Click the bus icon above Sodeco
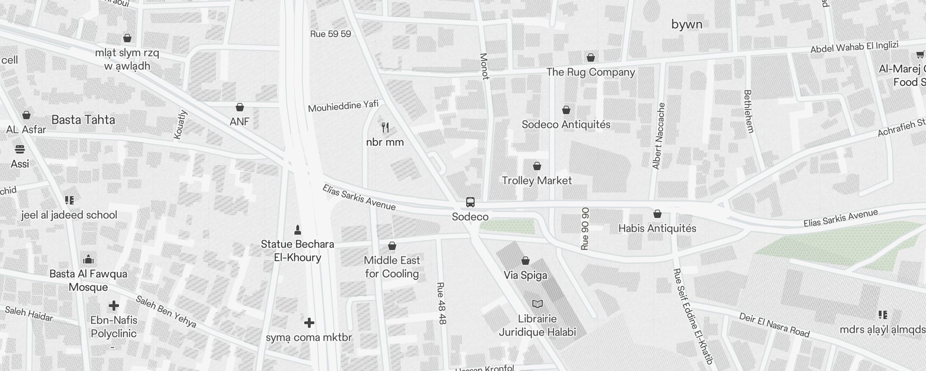[x=470, y=202]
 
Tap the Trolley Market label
[x=537, y=180]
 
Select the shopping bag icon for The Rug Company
[x=590, y=58]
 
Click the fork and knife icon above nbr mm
[x=385, y=127]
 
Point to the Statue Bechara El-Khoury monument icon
[x=298, y=230]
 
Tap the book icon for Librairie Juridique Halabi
[x=537, y=304]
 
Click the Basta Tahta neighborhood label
[x=83, y=120]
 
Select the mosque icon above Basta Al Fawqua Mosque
[x=88, y=259]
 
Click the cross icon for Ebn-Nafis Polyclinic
[x=113, y=306]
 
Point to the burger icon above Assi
[x=19, y=149]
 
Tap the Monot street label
[x=484, y=66]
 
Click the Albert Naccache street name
[x=658, y=136]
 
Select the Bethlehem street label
[x=749, y=111]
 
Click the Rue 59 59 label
[x=331, y=34]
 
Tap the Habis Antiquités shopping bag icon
[x=657, y=214]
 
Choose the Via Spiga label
[x=525, y=275]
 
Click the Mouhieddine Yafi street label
[x=343, y=106]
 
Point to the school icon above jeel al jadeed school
[x=69, y=200]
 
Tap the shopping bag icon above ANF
[x=239, y=108]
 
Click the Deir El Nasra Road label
[x=774, y=325]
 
